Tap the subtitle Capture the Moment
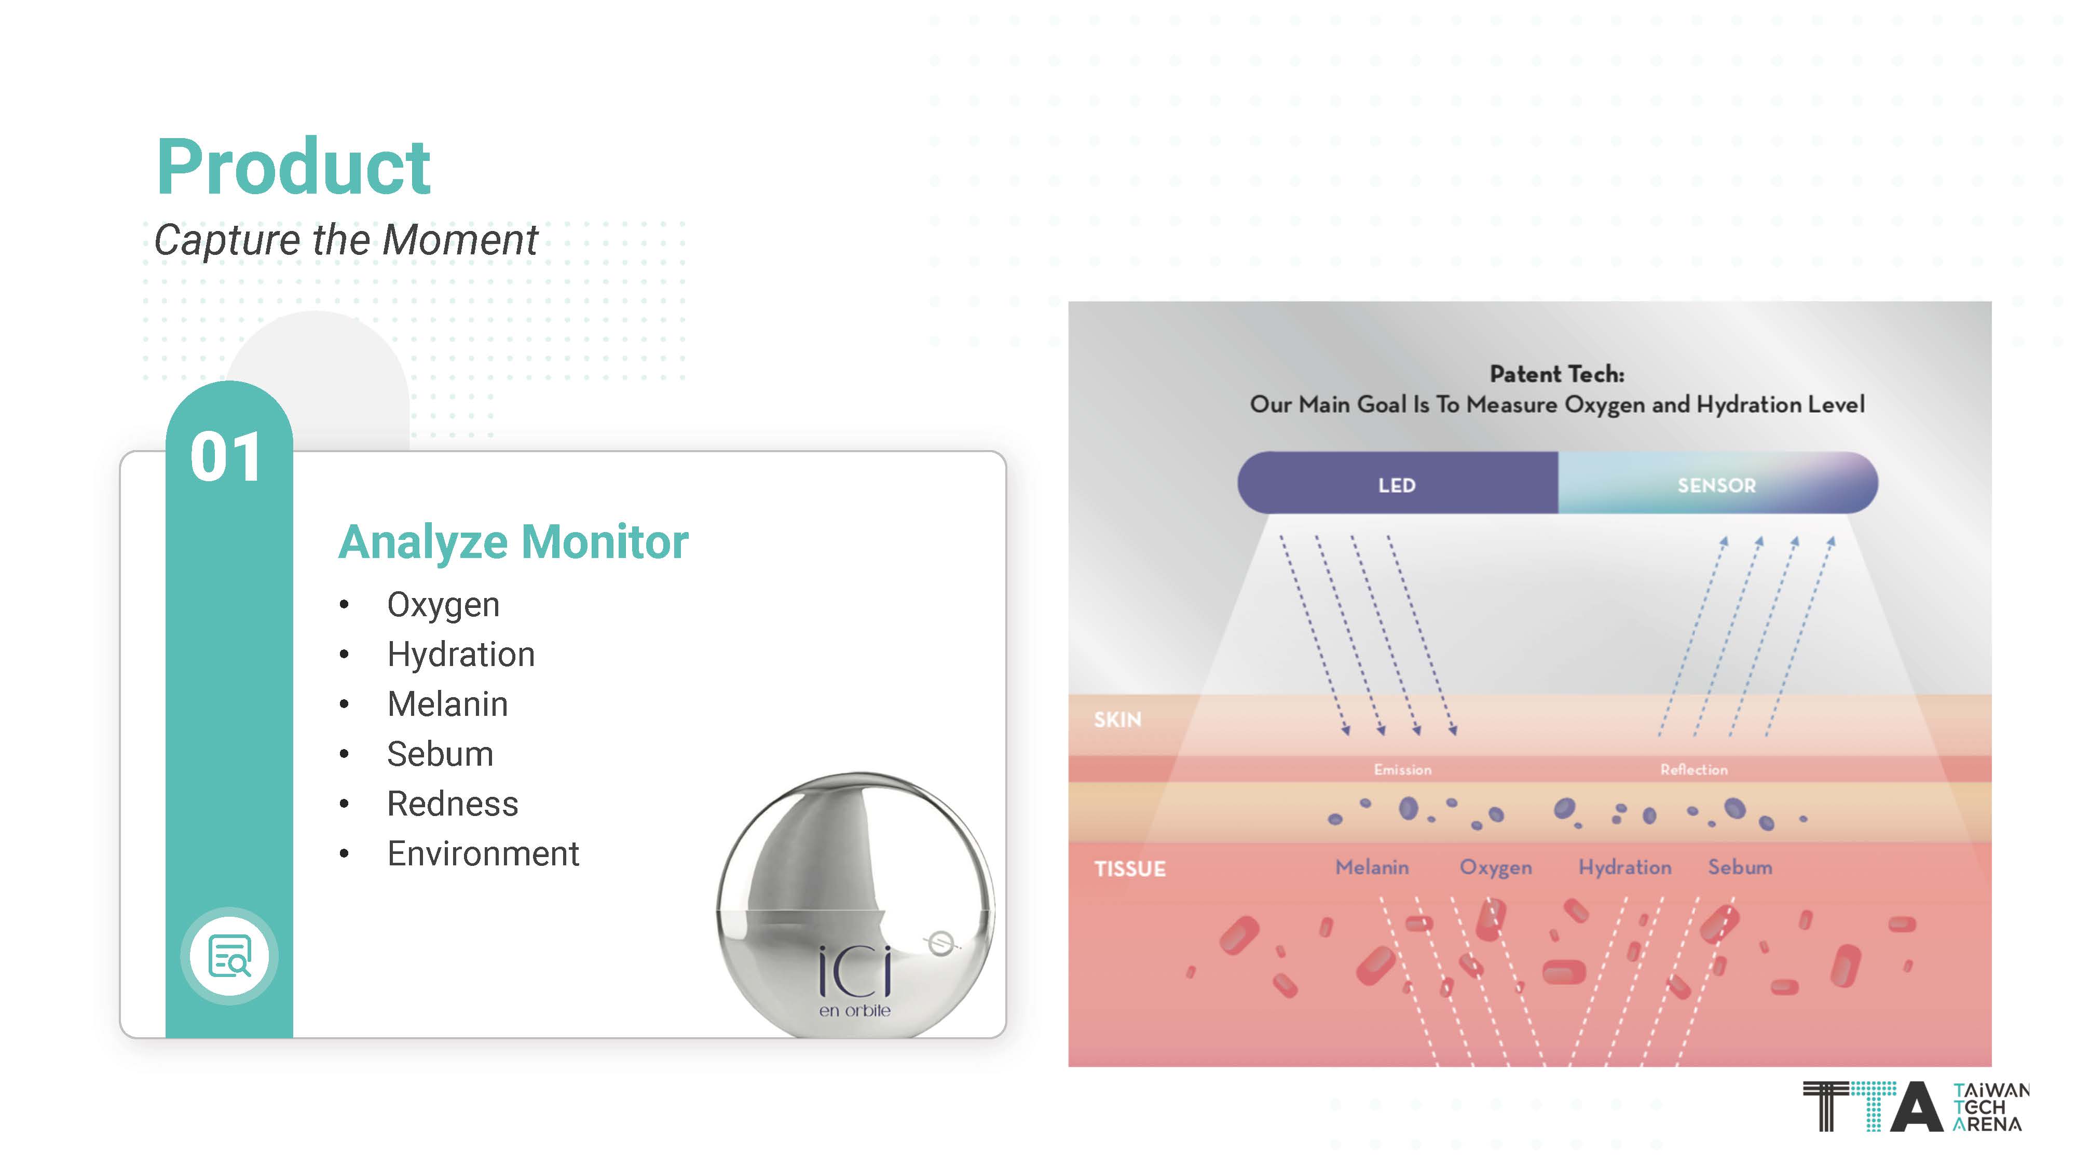(x=346, y=240)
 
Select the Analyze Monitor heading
(x=513, y=541)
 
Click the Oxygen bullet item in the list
(x=443, y=605)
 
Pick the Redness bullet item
(x=452, y=804)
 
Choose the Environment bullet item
(x=483, y=853)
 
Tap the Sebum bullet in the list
(x=440, y=754)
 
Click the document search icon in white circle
(x=230, y=956)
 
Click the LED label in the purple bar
(x=1397, y=485)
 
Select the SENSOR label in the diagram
(x=1716, y=485)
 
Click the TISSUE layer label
(x=1130, y=869)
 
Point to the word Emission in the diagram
(x=1402, y=770)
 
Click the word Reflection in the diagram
(x=1694, y=770)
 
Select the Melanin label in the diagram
(x=1372, y=867)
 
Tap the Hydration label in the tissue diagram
(x=1624, y=868)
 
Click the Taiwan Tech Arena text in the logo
(x=1990, y=1108)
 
